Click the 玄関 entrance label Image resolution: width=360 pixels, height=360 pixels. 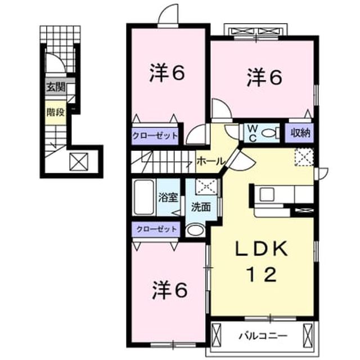[56, 87]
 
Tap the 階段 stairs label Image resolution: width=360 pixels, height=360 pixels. [56, 112]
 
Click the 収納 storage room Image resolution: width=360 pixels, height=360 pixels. [300, 133]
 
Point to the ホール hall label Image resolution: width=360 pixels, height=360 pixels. [210, 161]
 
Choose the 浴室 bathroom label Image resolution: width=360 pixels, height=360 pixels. [169, 197]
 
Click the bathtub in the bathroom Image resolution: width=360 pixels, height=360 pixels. [144, 197]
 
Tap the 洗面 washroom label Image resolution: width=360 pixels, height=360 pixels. [201, 207]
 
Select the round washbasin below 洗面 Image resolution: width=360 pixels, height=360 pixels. [195, 230]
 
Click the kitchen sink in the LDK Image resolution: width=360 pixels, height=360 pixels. [267, 194]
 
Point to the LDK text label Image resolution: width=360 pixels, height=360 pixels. [262, 249]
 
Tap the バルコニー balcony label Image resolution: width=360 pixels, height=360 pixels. [263, 336]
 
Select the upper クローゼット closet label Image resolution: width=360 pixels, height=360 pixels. [155, 136]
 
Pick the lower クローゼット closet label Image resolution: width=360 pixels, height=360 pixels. [156, 229]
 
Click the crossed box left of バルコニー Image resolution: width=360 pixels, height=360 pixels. [216, 335]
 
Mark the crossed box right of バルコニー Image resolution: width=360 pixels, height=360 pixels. [308, 335]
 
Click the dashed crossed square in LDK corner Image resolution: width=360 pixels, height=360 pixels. [304, 157]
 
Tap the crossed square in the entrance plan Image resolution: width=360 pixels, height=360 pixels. [79, 161]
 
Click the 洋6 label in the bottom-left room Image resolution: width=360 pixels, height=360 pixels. [170, 290]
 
